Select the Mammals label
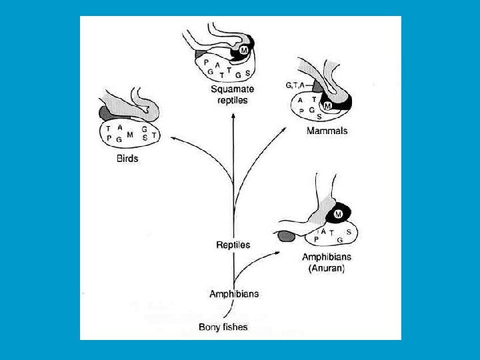pos(327,131)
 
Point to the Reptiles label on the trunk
pos(233,245)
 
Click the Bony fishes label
pos(223,327)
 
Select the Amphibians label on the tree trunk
pos(234,293)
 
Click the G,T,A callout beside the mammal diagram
pos(295,85)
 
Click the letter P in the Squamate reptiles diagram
pos(206,62)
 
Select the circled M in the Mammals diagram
pos(327,105)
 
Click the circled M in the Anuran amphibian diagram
pos(338,214)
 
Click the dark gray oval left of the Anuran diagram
pos(286,235)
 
